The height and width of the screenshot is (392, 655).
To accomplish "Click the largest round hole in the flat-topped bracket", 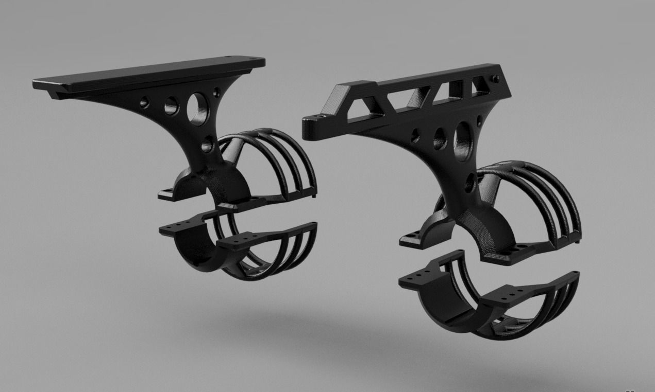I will pyautogui.click(x=197, y=108).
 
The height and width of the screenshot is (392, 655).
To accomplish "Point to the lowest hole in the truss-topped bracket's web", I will pyautogui.click(x=469, y=182).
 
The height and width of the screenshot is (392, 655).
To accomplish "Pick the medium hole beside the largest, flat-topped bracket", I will pyautogui.click(x=171, y=106).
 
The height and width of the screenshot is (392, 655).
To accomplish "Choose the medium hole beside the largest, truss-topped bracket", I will pyautogui.click(x=439, y=138).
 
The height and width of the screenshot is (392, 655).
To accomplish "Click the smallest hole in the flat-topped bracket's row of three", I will pyautogui.click(x=145, y=102).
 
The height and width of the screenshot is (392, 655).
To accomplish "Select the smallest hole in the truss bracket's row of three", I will pyautogui.click(x=415, y=136).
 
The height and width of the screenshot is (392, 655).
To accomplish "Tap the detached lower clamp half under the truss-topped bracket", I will pyautogui.click(x=490, y=298).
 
